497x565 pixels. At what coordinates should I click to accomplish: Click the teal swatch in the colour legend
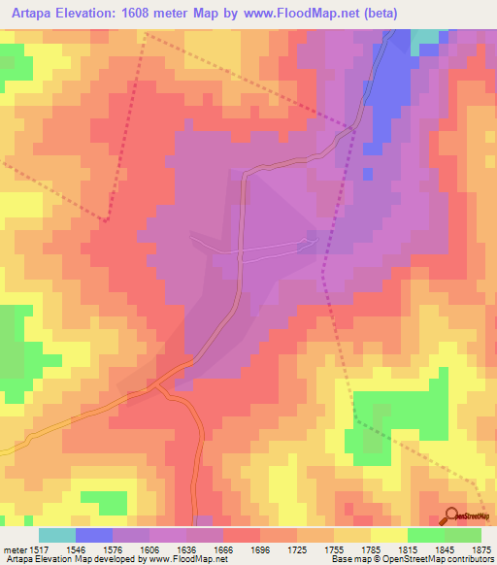point(56,535)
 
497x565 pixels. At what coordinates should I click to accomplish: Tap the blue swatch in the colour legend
point(94,535)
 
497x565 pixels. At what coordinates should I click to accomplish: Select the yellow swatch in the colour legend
point(388,535)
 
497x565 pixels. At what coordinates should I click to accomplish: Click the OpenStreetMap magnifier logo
point(453,515)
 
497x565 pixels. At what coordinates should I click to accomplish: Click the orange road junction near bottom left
point(160,384)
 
